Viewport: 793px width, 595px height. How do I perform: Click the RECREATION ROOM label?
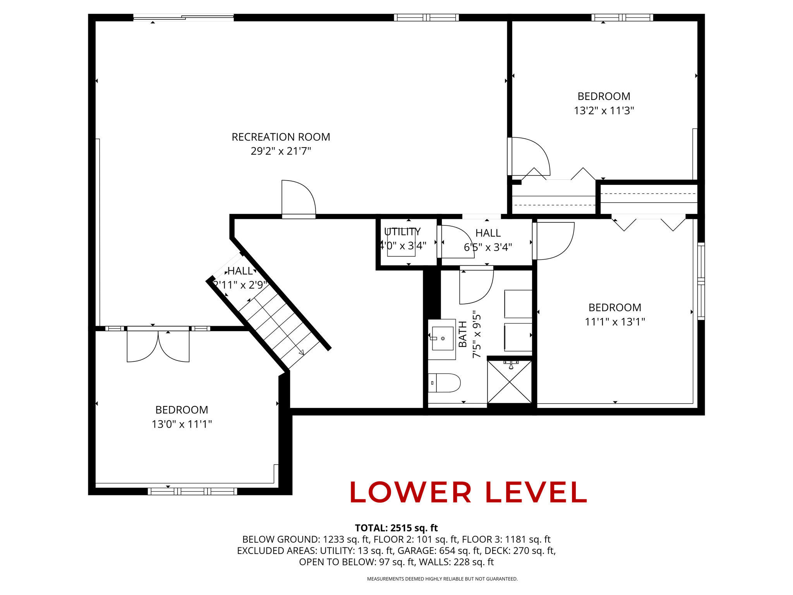coord(281,137)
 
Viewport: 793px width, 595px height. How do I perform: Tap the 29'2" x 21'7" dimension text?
coord(281,151)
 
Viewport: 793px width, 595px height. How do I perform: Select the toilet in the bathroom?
coord(444,383)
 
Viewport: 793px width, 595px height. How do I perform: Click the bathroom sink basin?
coord(443,338)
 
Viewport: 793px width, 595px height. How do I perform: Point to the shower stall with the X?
coord(510,382)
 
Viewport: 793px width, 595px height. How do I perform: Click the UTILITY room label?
coord(402,232)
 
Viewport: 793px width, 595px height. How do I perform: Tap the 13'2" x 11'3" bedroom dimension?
coord(604,111)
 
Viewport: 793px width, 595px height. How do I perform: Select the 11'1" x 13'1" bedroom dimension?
coord(615,322)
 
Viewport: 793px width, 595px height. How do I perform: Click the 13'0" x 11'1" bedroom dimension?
coord(182,424)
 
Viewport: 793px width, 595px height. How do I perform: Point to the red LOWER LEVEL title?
coord(468,492)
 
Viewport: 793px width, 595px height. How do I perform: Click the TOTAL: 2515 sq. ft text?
coord(396,528)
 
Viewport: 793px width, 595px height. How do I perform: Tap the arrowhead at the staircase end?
coord(302,353)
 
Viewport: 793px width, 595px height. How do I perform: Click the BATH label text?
coord(463,334)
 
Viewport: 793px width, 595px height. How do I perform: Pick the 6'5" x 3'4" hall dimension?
coord(488,247)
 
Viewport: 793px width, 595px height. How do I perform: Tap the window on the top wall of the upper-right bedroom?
coord(622,17)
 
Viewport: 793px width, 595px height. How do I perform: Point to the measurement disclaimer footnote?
coord(442,579)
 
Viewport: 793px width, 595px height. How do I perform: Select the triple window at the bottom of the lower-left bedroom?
coord(192,491)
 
